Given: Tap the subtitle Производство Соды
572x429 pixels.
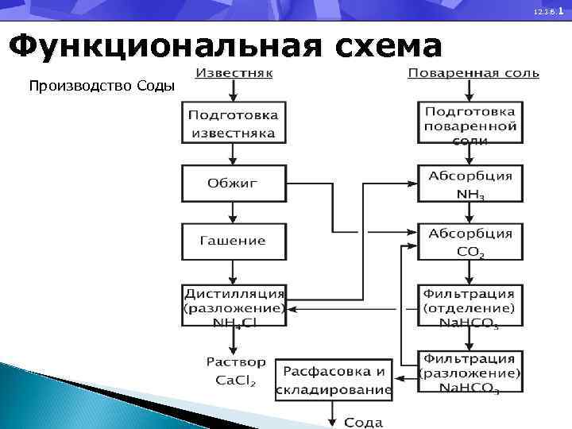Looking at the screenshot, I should tap(102, 85).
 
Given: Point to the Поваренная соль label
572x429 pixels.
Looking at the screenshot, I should tap(473, 74).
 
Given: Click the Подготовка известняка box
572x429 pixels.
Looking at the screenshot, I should tap(232, 122).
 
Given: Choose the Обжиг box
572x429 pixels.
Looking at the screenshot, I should tap(232, 184).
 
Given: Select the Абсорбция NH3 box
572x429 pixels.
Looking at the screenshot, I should tap(470, 184).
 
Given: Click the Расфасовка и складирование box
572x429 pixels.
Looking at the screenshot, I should tap(334, 380).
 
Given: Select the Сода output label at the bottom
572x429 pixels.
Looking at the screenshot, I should tap(363, 422).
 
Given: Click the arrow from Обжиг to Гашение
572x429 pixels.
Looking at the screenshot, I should tap(232, 212).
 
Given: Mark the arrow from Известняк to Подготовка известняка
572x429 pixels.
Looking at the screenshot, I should tap(232, 91).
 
